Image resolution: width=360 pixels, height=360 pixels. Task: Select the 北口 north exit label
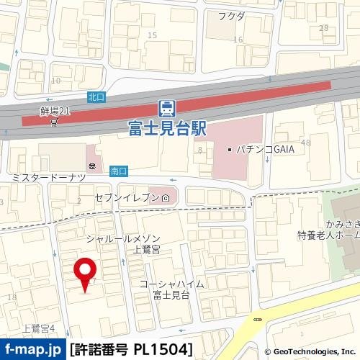pyautogui.click(x=96, y=96)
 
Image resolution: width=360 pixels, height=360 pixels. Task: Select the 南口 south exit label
pyautogui.click(x=118, y=171)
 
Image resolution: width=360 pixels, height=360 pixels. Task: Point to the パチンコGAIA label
pyautogui.click(x=258, y=150)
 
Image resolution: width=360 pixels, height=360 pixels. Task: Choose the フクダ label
pyautogui.click(x=232, y=16)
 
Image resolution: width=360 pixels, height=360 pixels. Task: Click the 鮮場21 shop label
pyautogui.click(x=55, y=112)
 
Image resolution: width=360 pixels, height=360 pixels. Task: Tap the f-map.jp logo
pyautogui.click(x=32, y=350)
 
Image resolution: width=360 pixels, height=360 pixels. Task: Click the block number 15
pyautogui.click(x=152, y=35)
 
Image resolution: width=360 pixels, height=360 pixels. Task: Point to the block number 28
pyautogui.click(x=323, y=27)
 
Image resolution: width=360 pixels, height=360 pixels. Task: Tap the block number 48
pyautogui.click(x=306, y=143)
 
